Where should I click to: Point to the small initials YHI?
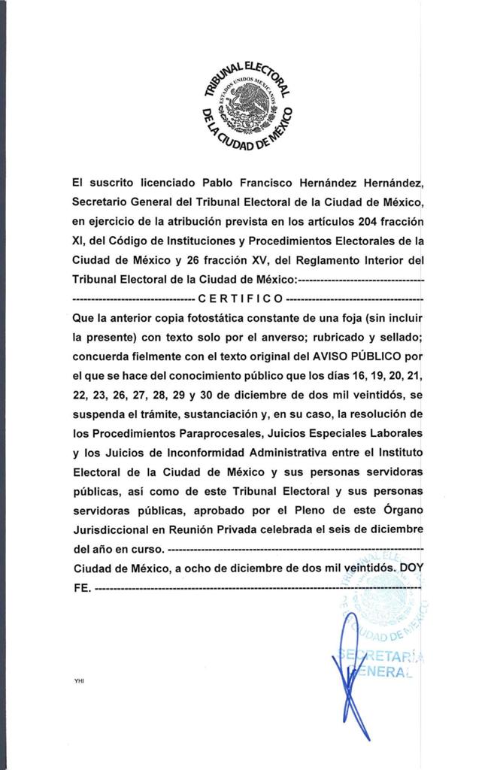tap(79, 681)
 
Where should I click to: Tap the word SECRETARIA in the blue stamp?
tap(380, 656)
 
